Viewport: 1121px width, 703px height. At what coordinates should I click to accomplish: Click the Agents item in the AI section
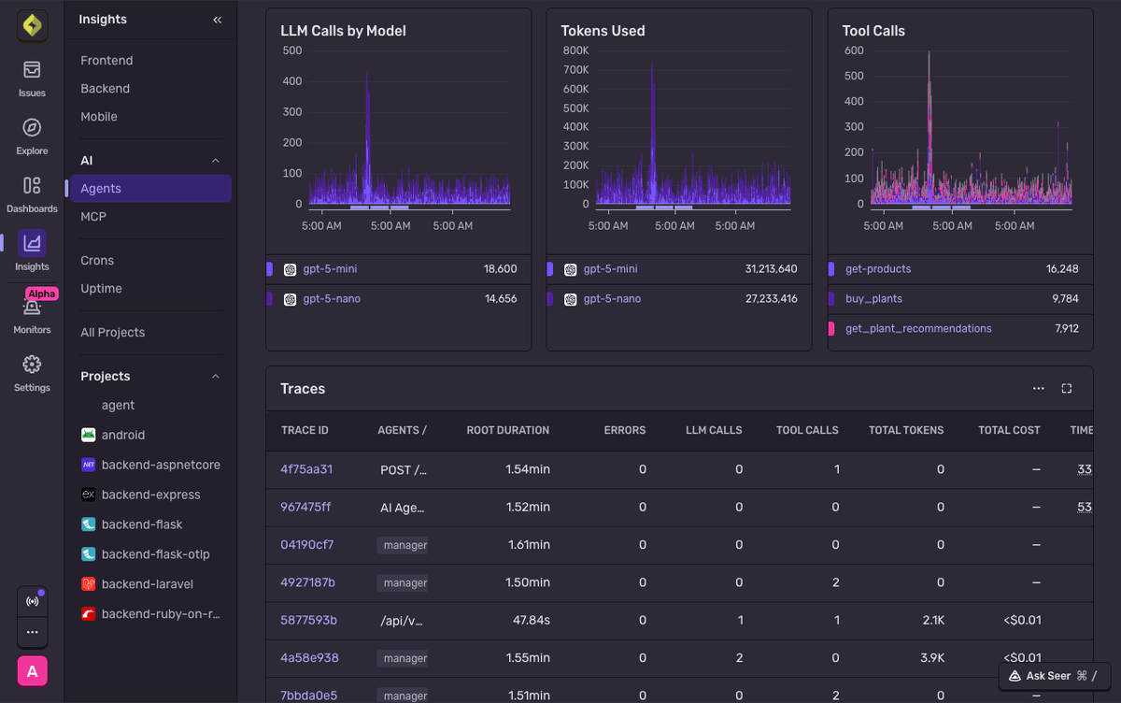[101, 189]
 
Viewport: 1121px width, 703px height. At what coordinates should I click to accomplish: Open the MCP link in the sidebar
[93, 217]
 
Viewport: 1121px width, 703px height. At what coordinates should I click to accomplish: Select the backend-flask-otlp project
[155, 554]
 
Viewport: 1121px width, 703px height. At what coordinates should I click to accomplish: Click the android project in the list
[122, 435]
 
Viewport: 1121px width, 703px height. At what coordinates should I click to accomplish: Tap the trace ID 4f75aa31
[306, 469]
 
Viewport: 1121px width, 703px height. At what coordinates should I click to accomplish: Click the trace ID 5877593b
[308, 620]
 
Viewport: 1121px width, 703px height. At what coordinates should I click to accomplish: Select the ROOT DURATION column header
[507, 430]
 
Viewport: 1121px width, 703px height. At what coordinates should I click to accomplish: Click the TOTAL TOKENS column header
[905, 430]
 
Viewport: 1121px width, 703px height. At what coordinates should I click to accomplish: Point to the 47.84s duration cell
[532, 620]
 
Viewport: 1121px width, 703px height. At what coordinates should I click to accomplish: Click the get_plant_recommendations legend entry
[918, 328]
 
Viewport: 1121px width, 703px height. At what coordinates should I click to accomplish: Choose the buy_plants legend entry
[873, 299]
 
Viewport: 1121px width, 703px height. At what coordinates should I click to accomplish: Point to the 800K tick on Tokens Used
[575, 50]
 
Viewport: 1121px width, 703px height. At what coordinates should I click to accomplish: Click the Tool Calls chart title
[873, 31]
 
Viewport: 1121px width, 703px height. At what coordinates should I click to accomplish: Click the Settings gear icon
[32, 365]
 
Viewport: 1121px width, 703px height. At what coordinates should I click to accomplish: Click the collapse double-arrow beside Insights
[218, 20]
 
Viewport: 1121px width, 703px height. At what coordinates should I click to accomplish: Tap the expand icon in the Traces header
[1067, 388]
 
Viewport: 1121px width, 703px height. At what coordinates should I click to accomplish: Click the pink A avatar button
[32, 671]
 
